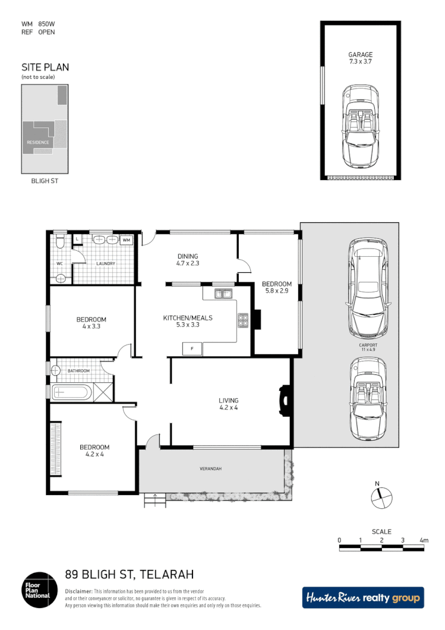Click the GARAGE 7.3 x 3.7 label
click(360, 58)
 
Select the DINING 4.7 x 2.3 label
click(188, 259)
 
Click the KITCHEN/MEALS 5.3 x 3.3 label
click(188, 322)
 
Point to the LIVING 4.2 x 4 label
click(229, 405)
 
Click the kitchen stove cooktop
click(243, 321)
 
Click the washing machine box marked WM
click(127, 240)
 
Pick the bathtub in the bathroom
click(71, 392)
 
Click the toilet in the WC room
click(59, 242)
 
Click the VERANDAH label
click(210, 469)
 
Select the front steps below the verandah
click(154, 501)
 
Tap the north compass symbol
click(381, 496)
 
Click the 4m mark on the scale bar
click(424, 540)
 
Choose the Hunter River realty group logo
click(363, 597)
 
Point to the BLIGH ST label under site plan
click(45, 180)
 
